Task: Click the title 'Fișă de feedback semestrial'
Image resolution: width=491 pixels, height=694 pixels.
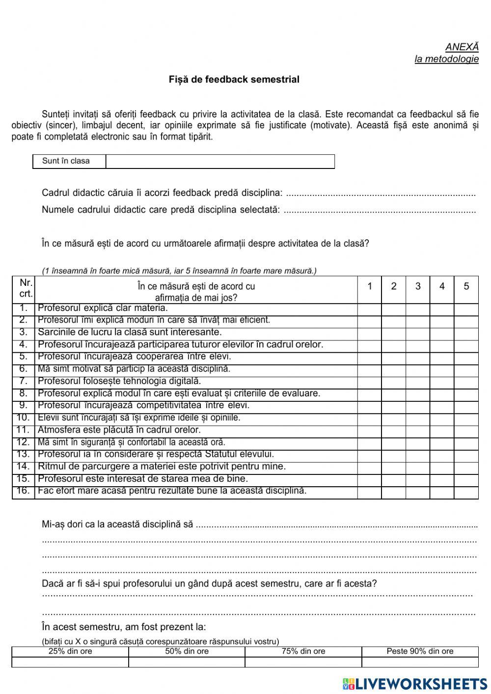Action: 234,80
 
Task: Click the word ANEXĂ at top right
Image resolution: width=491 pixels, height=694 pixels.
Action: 462,47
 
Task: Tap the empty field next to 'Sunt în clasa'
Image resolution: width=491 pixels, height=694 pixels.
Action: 220,162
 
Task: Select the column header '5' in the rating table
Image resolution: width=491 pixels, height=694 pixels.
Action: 466,286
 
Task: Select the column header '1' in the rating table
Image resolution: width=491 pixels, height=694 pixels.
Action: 369,286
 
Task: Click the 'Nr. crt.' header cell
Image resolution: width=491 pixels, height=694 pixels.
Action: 24,289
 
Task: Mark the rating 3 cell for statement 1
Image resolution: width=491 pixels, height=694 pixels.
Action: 418,309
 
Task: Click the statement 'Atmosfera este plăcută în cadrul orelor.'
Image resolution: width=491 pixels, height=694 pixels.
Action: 119,430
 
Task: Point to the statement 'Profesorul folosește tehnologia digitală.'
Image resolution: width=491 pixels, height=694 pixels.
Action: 119,381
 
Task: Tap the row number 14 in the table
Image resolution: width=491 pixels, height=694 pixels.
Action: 24,467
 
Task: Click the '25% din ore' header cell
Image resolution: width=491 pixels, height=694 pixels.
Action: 70,651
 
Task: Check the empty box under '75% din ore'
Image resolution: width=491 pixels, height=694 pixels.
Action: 303,662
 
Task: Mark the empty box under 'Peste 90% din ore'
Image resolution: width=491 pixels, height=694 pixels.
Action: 420,662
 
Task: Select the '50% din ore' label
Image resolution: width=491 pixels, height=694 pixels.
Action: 187,651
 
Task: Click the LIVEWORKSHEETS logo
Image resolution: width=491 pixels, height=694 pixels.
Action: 415,684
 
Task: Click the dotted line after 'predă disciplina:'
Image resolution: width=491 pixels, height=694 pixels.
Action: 380,194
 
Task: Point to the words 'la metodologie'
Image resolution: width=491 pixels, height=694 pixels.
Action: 446,59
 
